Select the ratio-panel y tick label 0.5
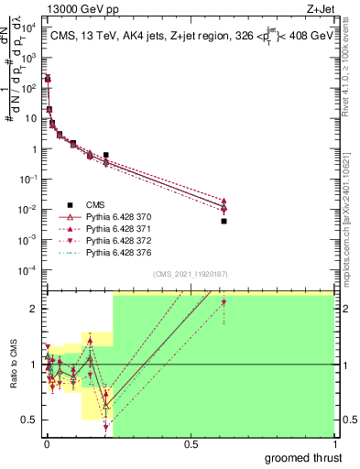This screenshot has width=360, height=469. click(28, 420)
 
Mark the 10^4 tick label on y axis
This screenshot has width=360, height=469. click(27, 27)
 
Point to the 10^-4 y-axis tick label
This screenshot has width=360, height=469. click(27, 269)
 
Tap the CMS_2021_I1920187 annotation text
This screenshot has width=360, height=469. click(191, 274)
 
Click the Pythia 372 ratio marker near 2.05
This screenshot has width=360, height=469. click(224, 303)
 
